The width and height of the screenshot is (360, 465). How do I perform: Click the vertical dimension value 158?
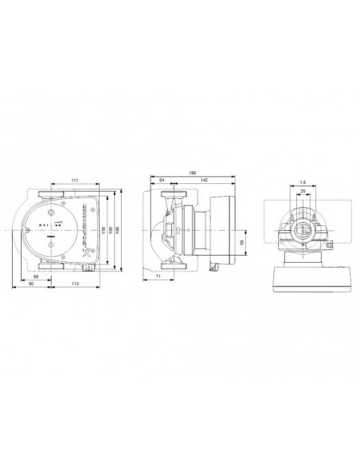point(104,230)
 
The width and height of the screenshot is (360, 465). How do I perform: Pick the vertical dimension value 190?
point(119,230)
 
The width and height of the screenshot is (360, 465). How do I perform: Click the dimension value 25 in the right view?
point(303,192)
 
